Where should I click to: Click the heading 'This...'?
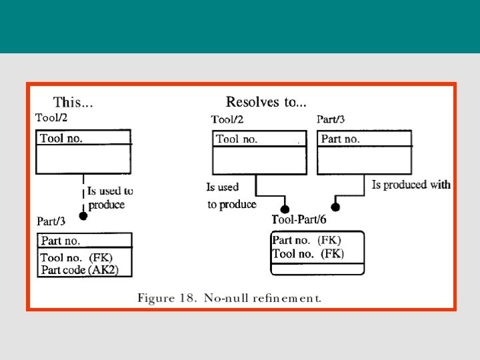point(73,103)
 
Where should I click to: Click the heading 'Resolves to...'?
point(266,102)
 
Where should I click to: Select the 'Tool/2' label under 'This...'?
point(51,118)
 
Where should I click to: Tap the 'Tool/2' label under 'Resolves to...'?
point(227,120)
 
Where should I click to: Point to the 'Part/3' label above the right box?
point(331,120)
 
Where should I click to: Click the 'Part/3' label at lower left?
point(51,221)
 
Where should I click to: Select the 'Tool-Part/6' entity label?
point(299,219)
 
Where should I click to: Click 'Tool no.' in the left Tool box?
point(61,138)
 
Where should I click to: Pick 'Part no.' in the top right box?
point(340,139)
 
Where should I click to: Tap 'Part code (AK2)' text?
point(85,269)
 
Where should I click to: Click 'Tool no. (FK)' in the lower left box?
point(77,257)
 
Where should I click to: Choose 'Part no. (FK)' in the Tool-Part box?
point(307,240)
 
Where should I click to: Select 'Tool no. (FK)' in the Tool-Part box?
point(308,253)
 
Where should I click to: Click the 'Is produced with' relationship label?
point(411,185)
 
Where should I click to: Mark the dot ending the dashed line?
point(83,215)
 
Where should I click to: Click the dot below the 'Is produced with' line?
point(336,207)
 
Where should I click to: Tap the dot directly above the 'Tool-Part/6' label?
point(285,209)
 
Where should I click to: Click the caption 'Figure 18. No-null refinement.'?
point(229,298)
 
